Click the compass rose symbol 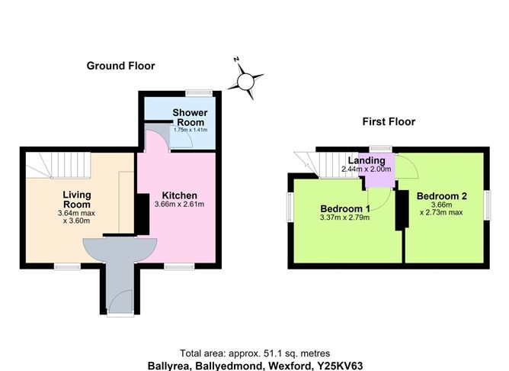click(x=245, y=81)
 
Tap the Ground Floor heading click(x=120, y=66)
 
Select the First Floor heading click(x=389, y=121)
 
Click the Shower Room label click(x=190, y=118)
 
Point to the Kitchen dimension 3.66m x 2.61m click(x=179, y=205)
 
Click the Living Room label click(x=77, y=200)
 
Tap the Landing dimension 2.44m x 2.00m click(x=366, y=169)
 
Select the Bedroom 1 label click(x=345, y=208)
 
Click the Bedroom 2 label click(x=441, y=196)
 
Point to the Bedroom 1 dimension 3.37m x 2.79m click(x=344, y=218)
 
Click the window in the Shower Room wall click(x=199, y=93)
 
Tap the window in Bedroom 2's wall click(x=487, y=205)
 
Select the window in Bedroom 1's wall click(x=290, y=207)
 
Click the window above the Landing click(x=381, y=150)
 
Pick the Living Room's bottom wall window click(x=67, y=266)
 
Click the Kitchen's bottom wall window click(x=179, y=266)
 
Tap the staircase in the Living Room click(x=58, y=165)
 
